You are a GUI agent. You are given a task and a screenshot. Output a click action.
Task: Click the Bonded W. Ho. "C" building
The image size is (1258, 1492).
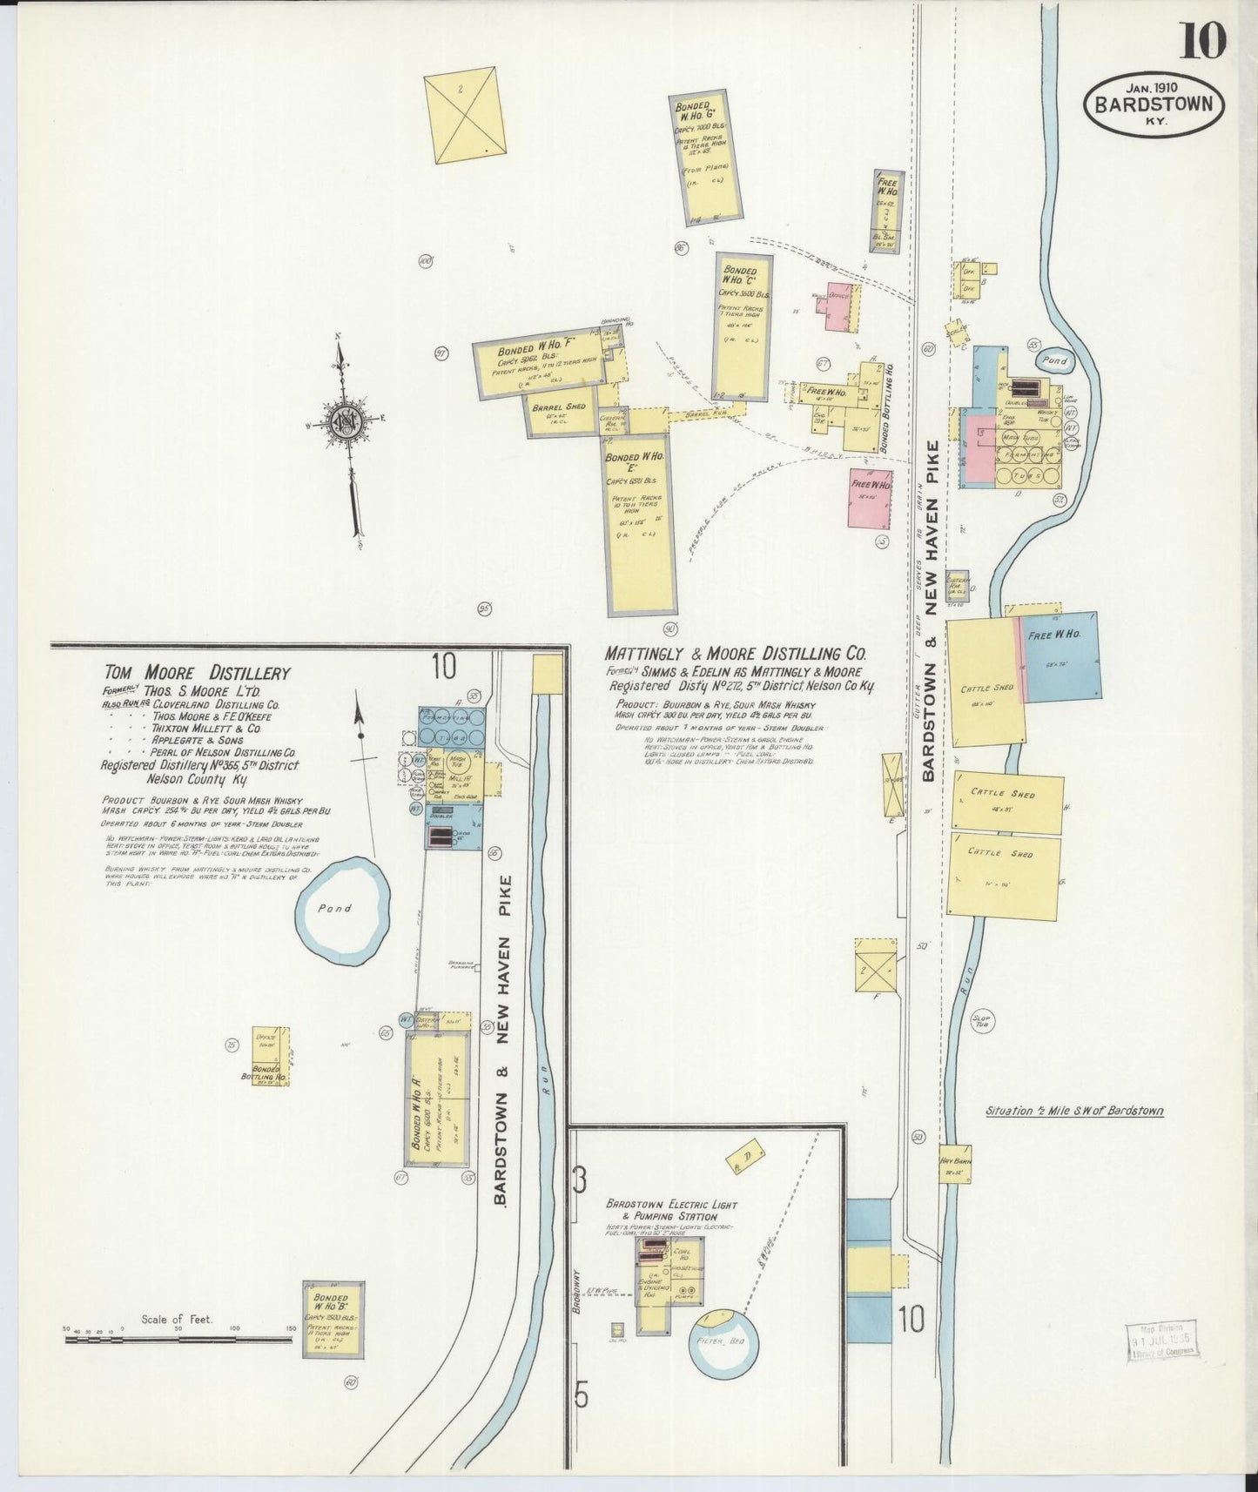743,326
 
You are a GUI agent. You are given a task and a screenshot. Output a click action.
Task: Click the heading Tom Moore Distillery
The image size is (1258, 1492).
197,673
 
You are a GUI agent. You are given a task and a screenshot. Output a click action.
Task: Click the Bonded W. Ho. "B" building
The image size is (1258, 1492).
333,1318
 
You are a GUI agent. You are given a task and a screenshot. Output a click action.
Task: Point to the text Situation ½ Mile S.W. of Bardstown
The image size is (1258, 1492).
1074,1111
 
